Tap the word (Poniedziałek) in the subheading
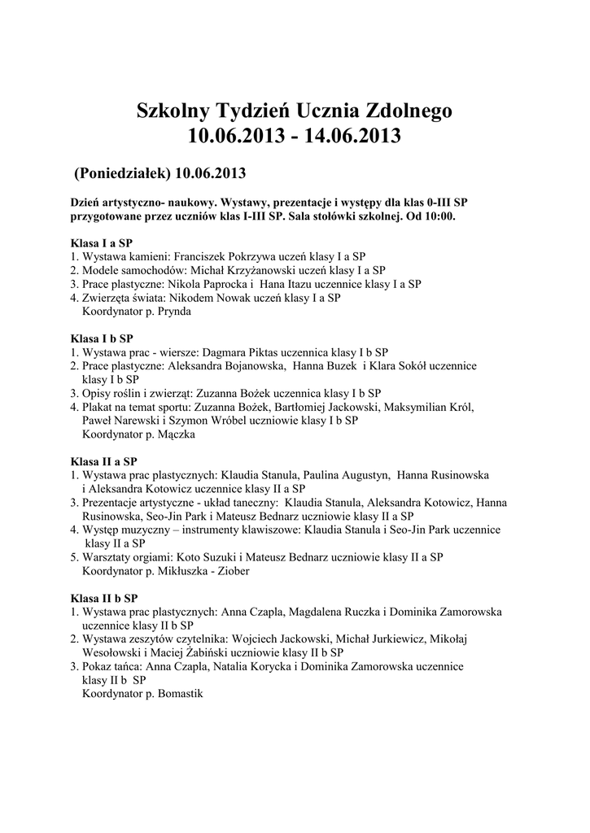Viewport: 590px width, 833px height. coord(121,173)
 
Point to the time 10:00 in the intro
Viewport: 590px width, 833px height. coord(442,217)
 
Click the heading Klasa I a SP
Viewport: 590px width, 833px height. coord(101,242)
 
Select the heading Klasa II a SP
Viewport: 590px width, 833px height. coord(103,460)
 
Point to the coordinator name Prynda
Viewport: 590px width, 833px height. coord(175,311)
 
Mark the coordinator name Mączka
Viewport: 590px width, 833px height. coord(177,434)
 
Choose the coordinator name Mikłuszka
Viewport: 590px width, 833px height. coord(186,571)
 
